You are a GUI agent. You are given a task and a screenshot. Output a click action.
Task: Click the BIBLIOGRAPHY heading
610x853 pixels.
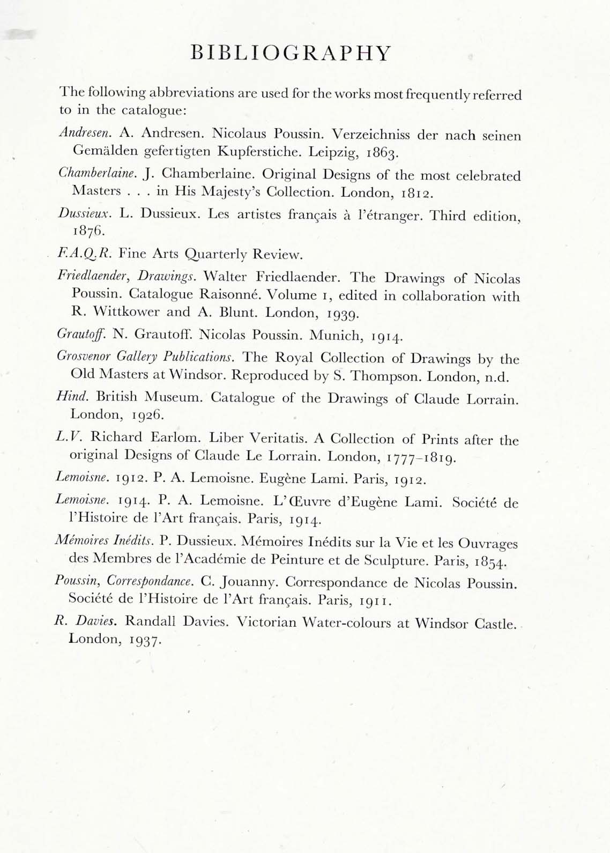[292, 53]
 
